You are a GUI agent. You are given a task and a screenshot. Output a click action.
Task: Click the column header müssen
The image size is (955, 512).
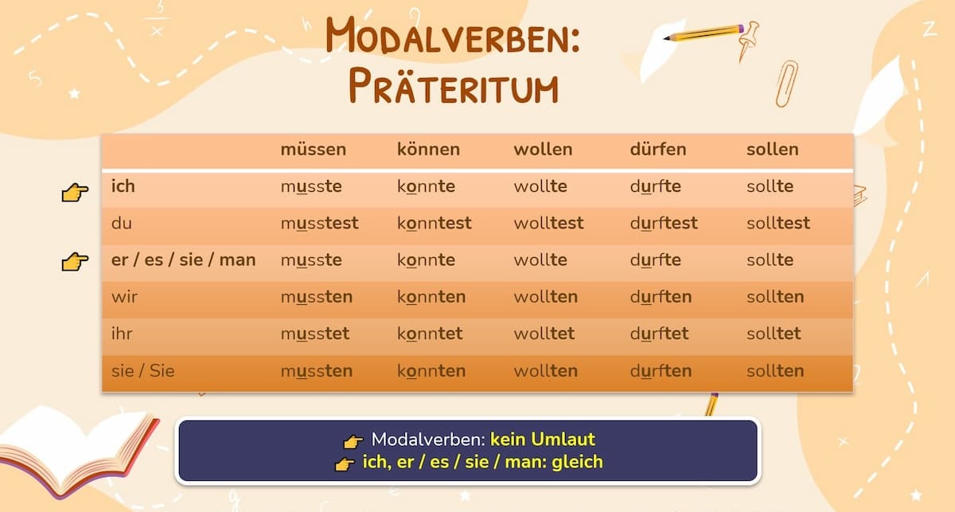tap(314, 150)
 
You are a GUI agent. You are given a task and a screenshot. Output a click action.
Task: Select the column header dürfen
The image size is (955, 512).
tap(658, 150)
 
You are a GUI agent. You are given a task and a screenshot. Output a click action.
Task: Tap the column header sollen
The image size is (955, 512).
tap(773, 150)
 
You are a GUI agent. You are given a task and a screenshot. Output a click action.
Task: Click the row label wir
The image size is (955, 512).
tap(124, 296)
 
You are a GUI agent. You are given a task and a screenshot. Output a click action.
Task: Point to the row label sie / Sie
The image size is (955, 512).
tap(142, 371)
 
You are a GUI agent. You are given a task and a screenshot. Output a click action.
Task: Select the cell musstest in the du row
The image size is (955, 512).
tap(319, 223)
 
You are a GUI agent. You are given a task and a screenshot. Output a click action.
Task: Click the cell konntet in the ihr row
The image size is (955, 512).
tap(430, 333)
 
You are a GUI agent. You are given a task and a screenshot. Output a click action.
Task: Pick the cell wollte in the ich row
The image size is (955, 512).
tap(540, 186)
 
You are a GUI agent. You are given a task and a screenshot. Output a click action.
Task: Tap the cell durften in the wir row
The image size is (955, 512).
tap(661, 296)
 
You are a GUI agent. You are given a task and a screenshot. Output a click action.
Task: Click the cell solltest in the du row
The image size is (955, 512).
tap(778, 223)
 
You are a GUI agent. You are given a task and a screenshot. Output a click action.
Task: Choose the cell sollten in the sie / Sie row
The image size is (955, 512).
tap(775, 371)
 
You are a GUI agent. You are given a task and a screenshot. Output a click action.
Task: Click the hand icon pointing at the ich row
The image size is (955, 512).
tap(75, 193)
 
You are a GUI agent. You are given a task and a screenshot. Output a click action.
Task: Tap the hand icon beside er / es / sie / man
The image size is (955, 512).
tap(75, 261)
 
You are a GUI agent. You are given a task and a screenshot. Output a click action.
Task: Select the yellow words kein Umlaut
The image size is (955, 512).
tap(542, 439)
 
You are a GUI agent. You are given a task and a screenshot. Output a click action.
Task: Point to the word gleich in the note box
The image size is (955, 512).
tap(577, 462)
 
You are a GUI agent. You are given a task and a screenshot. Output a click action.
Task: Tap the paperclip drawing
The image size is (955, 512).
tap(786, 84)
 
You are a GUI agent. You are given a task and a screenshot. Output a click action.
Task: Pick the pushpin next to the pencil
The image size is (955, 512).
tap(748, 41)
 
